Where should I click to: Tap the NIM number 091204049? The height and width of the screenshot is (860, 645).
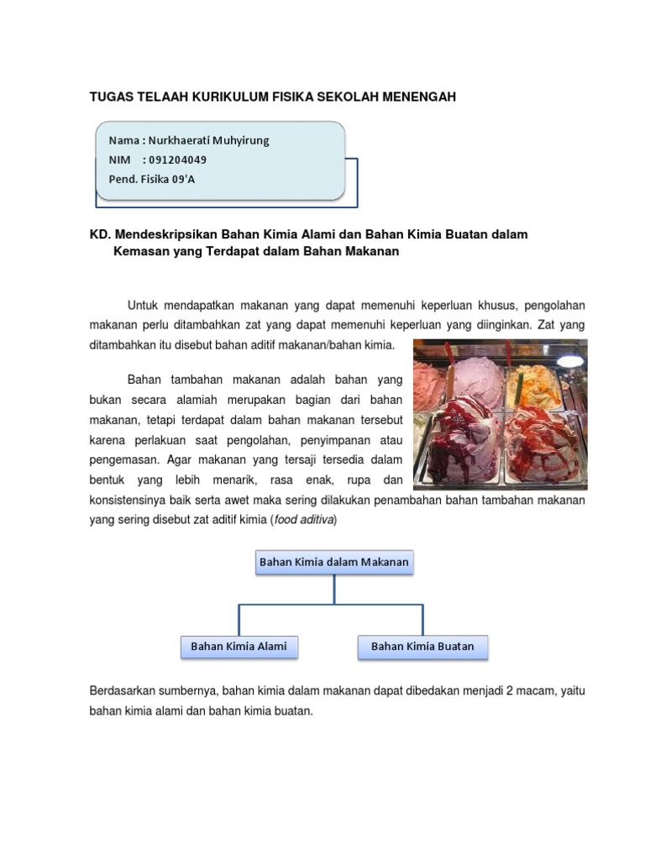click(x=178, y=160)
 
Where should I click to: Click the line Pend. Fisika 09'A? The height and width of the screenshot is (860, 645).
click(x=152, y=179)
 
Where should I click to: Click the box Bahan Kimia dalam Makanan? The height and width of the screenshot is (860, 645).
click(x=334, y=562)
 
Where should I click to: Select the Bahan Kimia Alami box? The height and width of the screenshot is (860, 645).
click(x=239, y=647)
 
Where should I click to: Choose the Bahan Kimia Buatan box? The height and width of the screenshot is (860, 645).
click(x=422, y=647)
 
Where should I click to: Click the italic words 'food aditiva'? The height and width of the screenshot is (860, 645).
click(x=303, y=520)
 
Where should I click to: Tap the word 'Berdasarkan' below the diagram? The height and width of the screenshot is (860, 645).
click(x=122, y=690)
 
